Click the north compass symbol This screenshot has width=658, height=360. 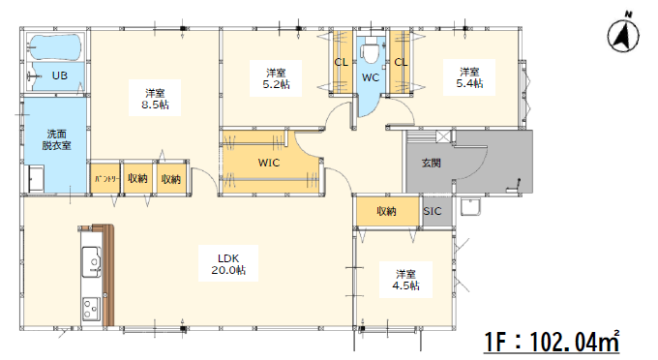tap(623, 34)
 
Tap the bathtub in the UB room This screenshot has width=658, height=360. tap(55, 47)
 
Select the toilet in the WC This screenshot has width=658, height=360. tap(371, 49)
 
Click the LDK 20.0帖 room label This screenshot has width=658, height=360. tap(228, 264)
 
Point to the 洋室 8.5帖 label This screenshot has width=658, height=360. tap(155, 99)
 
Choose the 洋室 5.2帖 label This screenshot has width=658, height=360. tap(276, 78)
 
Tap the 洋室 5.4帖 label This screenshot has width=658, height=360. tap(469, 77)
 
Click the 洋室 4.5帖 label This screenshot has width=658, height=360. tap(405, 280)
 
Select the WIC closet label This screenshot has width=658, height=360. tap(269, 163)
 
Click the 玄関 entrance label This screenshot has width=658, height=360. tap(431, 163)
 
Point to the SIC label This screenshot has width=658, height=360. tap(433, 211)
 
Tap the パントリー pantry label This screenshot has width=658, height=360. tap(106, 179)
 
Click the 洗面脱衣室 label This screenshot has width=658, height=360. tap(56, 139)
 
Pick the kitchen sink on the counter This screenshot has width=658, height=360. tap(92, 262)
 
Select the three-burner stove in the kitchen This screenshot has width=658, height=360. tap(92, 309)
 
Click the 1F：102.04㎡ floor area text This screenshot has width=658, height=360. tap(552, 341)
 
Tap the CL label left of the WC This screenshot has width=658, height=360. tap(342, 63)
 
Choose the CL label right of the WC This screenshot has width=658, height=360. tap(401, 63)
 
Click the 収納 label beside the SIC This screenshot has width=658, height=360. tap(386, 211)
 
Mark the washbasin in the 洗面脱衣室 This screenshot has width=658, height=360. tap(36, 179)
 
